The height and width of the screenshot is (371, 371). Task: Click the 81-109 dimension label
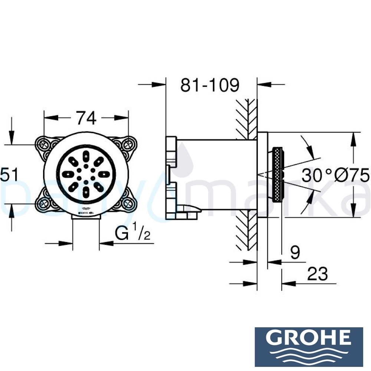pyautogui.click(x=210, y=85)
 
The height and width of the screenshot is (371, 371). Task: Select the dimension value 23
pyautogui.click(x=318, y=274)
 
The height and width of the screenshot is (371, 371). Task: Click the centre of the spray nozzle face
pyautogui.click(x=86, y=174)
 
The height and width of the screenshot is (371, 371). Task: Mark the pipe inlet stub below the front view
pyautogui.click(x=86, y=223)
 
